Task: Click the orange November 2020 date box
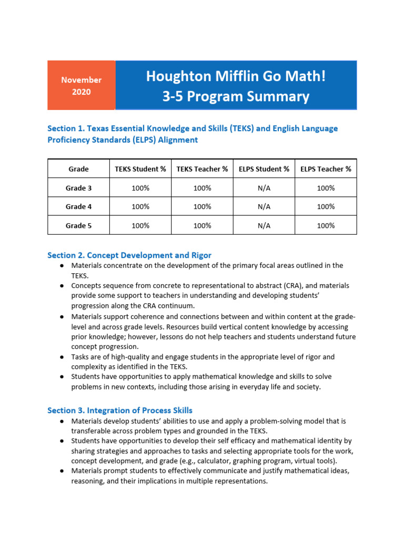[x=81, y=85]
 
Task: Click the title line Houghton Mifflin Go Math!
[x=236, y=76]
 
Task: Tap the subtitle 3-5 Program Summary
[x=236, y=97]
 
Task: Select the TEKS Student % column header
[x=140, y=169]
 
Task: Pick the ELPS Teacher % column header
[x=326, y=169]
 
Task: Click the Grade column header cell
[x=78, y=169]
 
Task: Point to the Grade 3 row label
[x=78, y=188]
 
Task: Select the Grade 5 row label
[x=78, y=225]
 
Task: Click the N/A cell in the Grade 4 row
[x=264, y=207]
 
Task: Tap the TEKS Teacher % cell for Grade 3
[x=202, y=188]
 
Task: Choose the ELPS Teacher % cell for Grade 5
[x=326, y=225]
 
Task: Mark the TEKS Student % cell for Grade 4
[x=140, y=207]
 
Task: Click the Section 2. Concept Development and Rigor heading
[x=129, y=255]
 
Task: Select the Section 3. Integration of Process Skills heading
[x=120, y=410]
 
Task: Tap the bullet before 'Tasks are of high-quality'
[x=62, y=357]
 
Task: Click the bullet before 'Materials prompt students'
[x=62, y=471]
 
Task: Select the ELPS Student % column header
[x=264, y=169]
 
